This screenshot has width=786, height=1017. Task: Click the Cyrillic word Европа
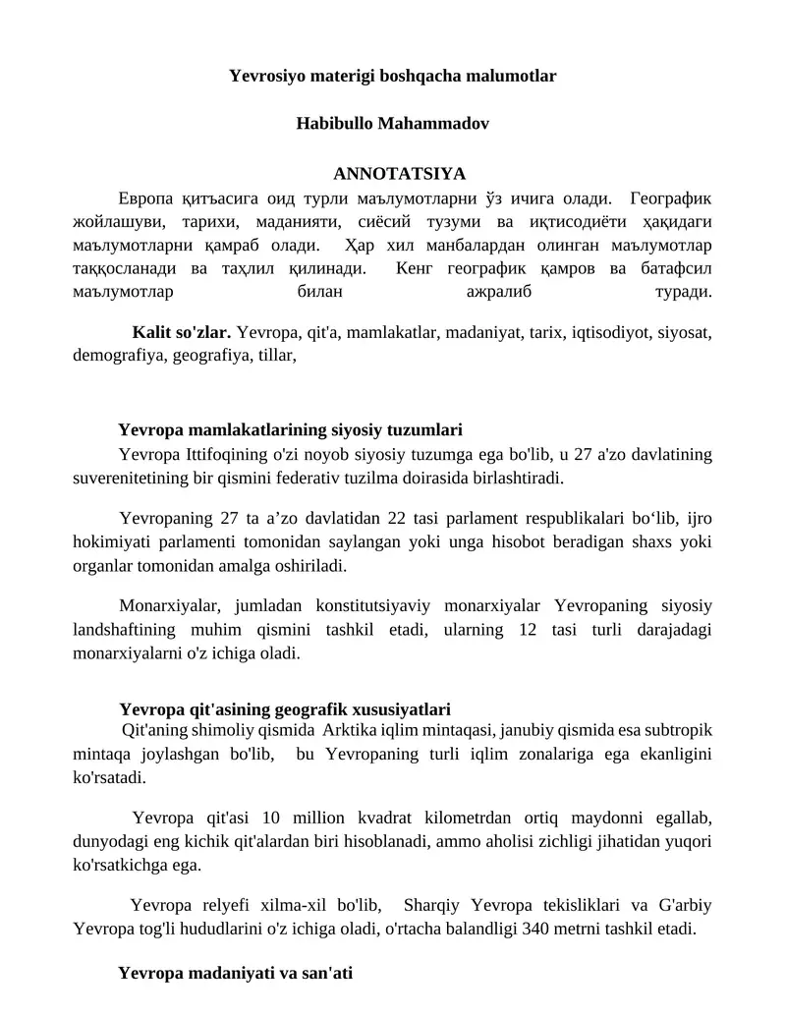pyautogui.click(x=145, y=197)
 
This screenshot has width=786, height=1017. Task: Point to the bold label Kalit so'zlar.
pyautogui.click(x=182, y=332)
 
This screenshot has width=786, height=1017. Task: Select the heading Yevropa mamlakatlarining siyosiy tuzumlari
pyautogui.click(x=290, y=430)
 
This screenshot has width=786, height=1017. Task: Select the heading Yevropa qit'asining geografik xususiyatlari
pyautogui.click(x=285, y=709)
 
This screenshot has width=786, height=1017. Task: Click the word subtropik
pyautogui.click(x=673, y=731)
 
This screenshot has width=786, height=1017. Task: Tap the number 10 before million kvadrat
pyautogui.click(x=274, y=818)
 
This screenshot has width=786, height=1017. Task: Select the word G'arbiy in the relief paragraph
pyautogui.click(x=680, y=905)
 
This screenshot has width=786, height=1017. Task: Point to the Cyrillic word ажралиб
pyautogui.click(x=496, y=292)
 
